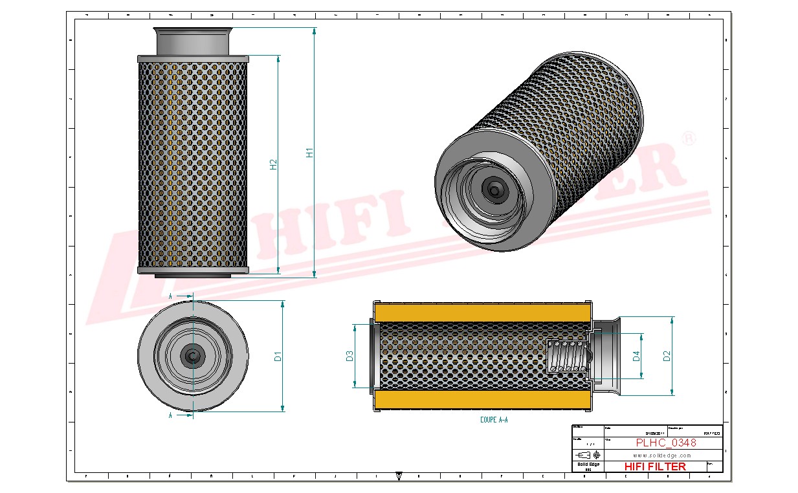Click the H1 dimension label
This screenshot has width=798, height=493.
tap(309, 153)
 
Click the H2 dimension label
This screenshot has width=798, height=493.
tap(273, 164)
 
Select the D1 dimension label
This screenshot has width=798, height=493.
tap(278, 356)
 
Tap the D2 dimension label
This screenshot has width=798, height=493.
tap(667, 355)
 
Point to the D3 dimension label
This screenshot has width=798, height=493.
tap(349, 356)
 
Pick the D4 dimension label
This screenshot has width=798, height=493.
tap(636, 355)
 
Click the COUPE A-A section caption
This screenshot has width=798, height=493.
tap(494, 420)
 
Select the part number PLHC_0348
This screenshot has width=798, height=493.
tap(666, 443)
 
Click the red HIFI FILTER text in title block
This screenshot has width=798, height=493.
tap(655, 466)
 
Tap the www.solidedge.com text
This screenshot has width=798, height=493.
tap(661, 455)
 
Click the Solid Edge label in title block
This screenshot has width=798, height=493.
tap(588, 465)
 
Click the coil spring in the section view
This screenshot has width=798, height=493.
tap(568, 358)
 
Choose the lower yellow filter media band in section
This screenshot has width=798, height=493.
tap(482, 400)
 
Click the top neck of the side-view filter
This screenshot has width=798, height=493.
tap(194, 41)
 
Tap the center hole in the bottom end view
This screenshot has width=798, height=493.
tap(193, 355)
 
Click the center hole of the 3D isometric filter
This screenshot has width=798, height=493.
tap(495, 190)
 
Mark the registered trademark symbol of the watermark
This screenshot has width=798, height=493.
tap(690, 139)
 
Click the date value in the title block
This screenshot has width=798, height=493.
tap(654, 433)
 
